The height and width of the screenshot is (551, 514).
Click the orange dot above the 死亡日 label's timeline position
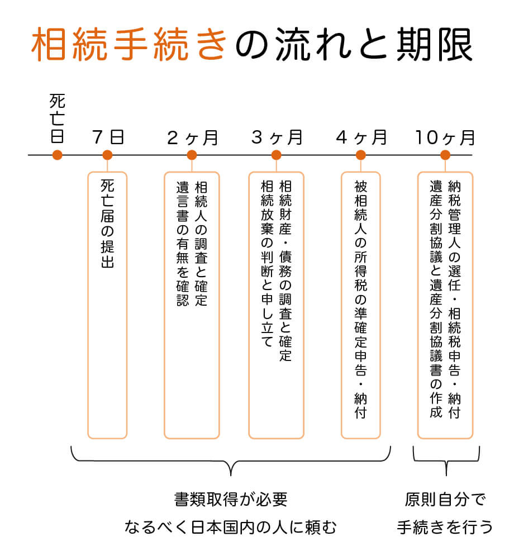[58, 155]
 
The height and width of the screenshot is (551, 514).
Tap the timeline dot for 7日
[107, 155]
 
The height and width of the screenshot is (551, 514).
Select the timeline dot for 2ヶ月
[192, 155]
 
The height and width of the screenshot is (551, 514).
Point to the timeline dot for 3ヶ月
[277, 155]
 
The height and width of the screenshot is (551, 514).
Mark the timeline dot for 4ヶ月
[361, 155]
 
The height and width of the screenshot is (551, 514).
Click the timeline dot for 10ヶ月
[445, 155]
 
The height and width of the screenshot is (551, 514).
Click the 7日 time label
[108, 137]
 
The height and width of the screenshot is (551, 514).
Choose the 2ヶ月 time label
[193, 137]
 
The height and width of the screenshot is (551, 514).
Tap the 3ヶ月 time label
[277, 137]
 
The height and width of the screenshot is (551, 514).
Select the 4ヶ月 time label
[361, 137]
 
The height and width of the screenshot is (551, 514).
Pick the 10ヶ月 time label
[445, 137]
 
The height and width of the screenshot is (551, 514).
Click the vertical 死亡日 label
[58, 118]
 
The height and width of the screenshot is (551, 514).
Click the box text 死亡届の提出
[107, 224]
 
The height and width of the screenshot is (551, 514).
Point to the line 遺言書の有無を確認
[183, 244]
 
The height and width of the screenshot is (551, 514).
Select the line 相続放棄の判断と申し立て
[267, 264]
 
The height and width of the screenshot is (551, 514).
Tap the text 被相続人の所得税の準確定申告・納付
[361, 300]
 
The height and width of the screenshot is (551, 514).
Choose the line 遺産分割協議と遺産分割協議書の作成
[436, 300]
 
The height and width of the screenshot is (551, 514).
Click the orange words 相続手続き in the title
[129, 45]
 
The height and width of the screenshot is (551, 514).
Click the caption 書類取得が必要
[231, 500]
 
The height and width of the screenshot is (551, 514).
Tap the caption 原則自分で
[445, 500]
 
